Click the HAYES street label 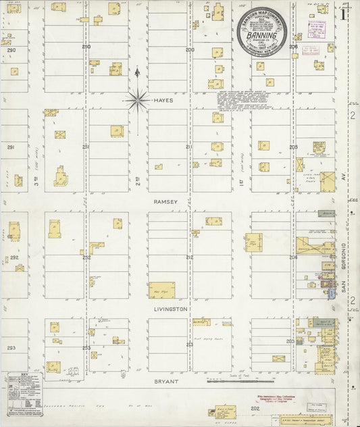(163, 100)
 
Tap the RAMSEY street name (165, 201)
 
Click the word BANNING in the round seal (261, 35)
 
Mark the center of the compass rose (137, 101)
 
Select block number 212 (190, 257)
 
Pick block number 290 (10, 50)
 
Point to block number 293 (10, 347)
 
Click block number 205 (293, 147)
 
